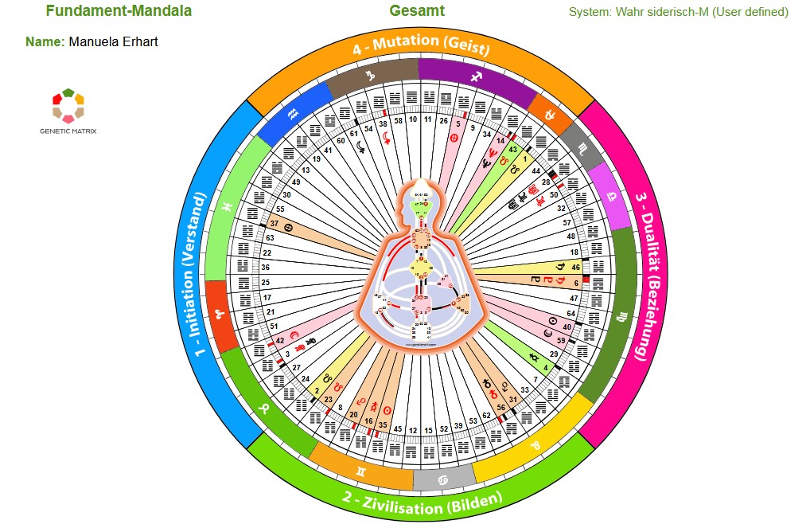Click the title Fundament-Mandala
(119, 11)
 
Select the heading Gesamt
(417, 11)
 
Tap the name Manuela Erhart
(113, 41)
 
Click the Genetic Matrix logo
(68, 111)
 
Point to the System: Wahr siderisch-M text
(678, 12)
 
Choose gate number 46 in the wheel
(576, 268)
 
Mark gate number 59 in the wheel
(560, 340)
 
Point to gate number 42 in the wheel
(281, 341)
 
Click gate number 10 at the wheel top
(413, 119)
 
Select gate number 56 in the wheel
(500, 407)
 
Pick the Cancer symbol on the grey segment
(443, 479)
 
